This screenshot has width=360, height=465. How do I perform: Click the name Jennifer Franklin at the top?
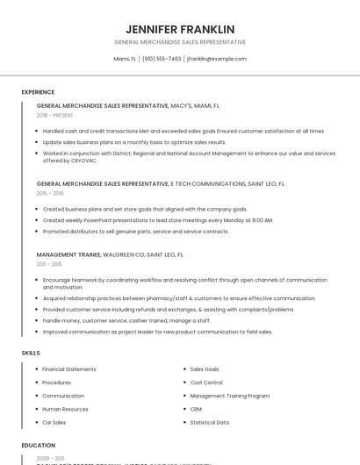(x=180, y=28)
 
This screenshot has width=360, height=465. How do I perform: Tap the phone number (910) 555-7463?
(x=162, y=59)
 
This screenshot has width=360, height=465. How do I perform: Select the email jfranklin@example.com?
(x=216, y=59)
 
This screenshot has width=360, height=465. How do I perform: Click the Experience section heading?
(x=38, y=92)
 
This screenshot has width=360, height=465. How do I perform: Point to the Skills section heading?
(x=31, y=353)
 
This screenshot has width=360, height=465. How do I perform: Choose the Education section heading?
(x=39, y=445)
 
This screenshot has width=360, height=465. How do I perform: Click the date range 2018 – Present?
(x=54, y=115)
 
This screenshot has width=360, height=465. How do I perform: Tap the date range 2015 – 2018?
(x=50, y=193)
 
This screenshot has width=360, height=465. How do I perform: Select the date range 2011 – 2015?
(x=49, y=263)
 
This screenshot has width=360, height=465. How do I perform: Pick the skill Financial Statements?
(x=69, y=369)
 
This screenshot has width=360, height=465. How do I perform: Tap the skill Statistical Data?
(x=209, y=422)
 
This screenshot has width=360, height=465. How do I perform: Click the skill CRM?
(x=196, y=409)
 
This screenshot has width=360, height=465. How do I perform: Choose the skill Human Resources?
(x=65, y=409)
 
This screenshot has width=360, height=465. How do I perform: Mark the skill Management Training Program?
(x=229, y=396)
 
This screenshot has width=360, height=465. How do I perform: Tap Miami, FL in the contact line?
(x=126, y=59)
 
